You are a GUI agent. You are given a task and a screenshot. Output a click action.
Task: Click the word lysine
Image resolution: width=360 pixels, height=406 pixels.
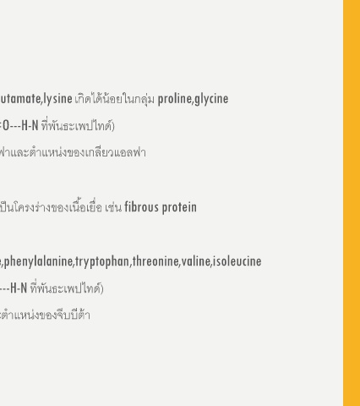[57, 99]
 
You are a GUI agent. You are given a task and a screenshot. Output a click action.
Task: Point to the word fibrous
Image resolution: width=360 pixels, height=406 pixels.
[141, 207]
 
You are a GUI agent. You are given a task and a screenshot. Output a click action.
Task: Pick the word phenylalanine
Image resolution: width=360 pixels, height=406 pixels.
[38, 261]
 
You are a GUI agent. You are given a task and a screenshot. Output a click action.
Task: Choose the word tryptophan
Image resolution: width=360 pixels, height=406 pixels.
[102, 261]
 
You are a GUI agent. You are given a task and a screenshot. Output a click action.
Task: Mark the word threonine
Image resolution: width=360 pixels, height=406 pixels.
[155, 261]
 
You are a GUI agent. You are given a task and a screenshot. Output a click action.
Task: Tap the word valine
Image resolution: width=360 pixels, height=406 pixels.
[196, 261]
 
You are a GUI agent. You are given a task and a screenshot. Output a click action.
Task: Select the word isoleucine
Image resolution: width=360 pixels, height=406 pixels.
[237, 261]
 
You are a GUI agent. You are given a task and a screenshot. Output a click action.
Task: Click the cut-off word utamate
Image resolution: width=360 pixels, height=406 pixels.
[20, 99]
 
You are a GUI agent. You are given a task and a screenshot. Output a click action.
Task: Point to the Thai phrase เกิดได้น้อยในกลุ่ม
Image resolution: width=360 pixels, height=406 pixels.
[115, 99]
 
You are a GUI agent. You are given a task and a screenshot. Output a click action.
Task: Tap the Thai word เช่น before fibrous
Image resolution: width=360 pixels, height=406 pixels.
[113, 207]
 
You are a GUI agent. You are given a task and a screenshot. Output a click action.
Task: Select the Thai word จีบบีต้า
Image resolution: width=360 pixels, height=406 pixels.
[74, 315]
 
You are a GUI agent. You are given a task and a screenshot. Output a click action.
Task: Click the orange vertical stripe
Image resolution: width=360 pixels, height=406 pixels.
[352, 203]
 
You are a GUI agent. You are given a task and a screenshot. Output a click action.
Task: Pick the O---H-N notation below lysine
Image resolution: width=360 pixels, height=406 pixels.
[20, 126]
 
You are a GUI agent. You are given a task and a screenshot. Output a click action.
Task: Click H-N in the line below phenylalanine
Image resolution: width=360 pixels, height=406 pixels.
[19, 288]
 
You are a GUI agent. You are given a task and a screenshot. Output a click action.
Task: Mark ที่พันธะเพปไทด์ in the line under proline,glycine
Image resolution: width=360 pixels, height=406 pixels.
[77, 126]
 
